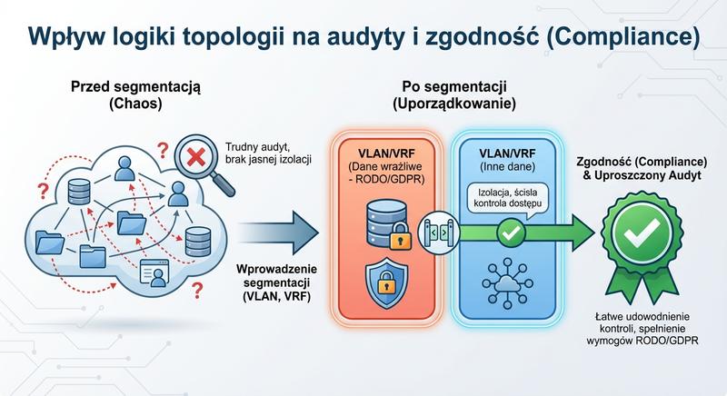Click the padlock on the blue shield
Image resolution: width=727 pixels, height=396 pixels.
(382, 282)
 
